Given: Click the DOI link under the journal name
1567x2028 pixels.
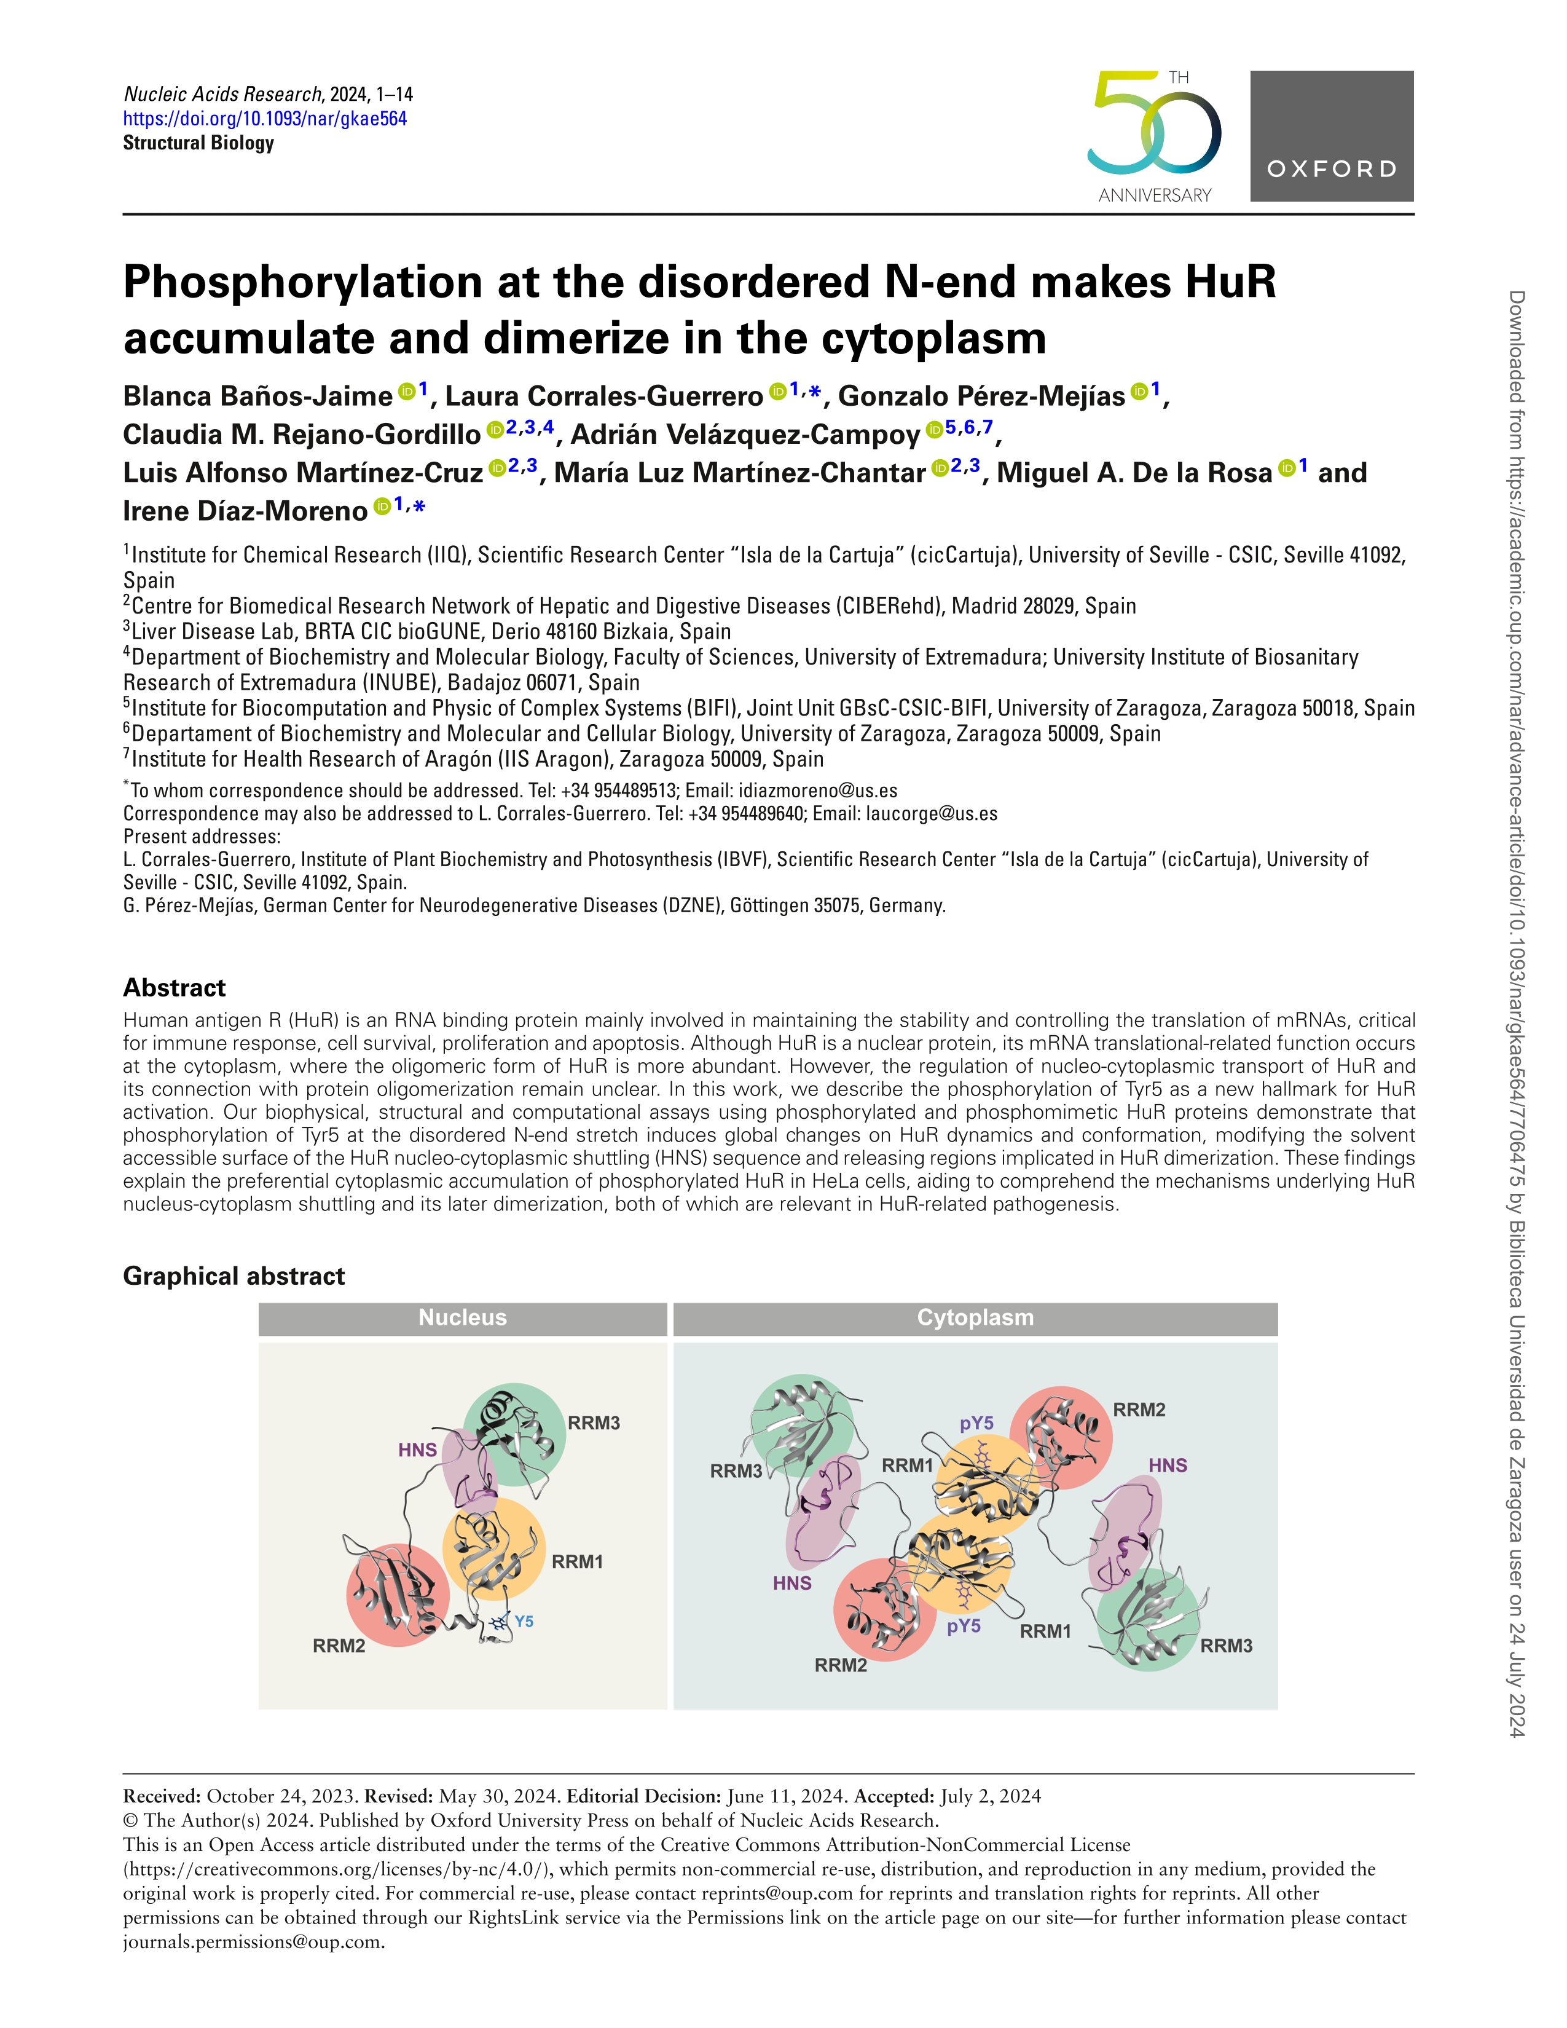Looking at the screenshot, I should pyautogui.click(x=265, y=119).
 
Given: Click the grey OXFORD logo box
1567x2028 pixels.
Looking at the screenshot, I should pyautogui.click(x=1331, y=136).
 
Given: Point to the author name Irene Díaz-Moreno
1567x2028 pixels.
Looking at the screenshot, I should pyautogui.click(x=245, y=511).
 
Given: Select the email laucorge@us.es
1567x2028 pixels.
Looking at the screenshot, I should pyautogui.click(x=931, y=813).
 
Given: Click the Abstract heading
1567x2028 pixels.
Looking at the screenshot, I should pyautogui.click(x=175, y=987).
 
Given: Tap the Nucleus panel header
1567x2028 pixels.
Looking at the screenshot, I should pyautogui.click(x=462, y=1317).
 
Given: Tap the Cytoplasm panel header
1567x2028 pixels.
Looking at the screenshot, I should pyautogui.click(x=975, y=1317).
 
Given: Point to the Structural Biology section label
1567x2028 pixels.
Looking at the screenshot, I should pyautogui.click(x=198, y=143).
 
